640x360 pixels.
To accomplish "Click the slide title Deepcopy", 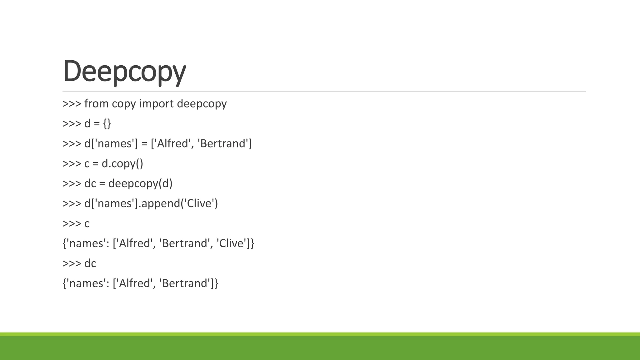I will (124, 71).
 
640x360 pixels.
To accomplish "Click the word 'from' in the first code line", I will (96, 104).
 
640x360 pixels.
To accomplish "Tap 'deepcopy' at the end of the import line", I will (202, 104).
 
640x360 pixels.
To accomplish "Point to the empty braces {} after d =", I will (107, 124).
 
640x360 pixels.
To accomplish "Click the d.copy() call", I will (122, 164).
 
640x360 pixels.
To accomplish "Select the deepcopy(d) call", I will (140, 184).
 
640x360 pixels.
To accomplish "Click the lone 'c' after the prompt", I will (87, 224).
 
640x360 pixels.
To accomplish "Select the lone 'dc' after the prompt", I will (90, 263).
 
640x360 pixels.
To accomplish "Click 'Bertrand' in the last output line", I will (184, 283).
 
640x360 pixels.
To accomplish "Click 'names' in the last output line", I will (86, 283).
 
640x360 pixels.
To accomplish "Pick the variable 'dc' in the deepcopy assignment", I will (90, 184).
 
